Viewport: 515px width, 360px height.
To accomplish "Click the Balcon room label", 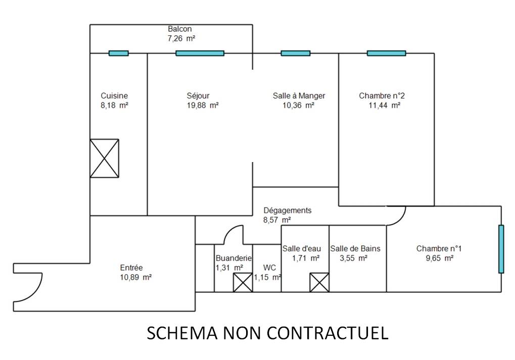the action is (x=179, y=29).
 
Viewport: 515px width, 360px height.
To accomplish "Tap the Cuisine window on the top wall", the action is (x=119, y=53).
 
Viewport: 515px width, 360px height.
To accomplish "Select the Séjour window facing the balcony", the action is (x=200, y=53).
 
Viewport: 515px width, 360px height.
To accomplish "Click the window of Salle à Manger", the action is (x=296, y=53).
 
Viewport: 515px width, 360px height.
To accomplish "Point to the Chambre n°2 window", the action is (x=386, y=53).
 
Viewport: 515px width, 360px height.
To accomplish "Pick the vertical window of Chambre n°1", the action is (x=501, y=249).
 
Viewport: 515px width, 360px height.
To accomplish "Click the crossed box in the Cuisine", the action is (x=105, y=159).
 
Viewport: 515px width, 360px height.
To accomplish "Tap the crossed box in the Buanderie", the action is (x=243, y=283).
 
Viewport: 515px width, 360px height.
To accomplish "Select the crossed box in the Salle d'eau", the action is (x=319, y=283).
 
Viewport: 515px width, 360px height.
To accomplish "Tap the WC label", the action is (x=269, y=268).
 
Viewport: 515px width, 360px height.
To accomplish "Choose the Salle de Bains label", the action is (x=355, y=249).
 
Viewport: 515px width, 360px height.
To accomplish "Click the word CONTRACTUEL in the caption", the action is (x=327, y=333).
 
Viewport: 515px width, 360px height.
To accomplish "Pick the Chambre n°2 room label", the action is (x=382, y=96).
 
